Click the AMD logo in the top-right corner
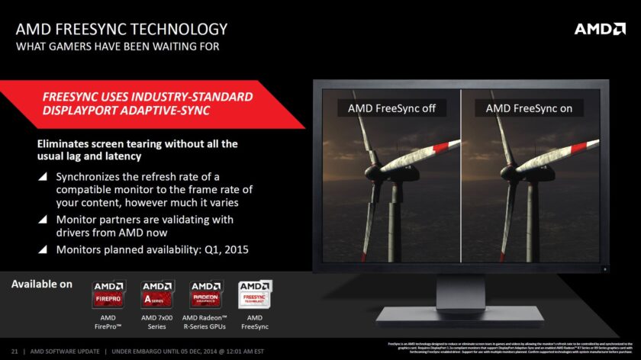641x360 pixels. (x=600, y=30)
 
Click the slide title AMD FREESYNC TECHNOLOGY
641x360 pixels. (x=121, y=30)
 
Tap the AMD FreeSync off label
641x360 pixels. (x=391, y=108)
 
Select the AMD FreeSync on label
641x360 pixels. (x=529, y=108)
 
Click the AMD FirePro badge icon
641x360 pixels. (x=108, y=294)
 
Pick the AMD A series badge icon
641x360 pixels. (x=156, y=294)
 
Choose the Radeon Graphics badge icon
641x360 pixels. (x=204, y=294)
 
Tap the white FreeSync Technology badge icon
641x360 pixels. (x=255, y=294)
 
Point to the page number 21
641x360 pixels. (x=14, y=350)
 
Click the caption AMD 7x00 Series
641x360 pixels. (x=156, y=322)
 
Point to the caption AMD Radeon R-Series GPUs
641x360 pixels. (x=204, y=322)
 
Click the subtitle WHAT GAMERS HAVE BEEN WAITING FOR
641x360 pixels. (x=118, y=47)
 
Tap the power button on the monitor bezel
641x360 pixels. (x=606, y=268)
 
